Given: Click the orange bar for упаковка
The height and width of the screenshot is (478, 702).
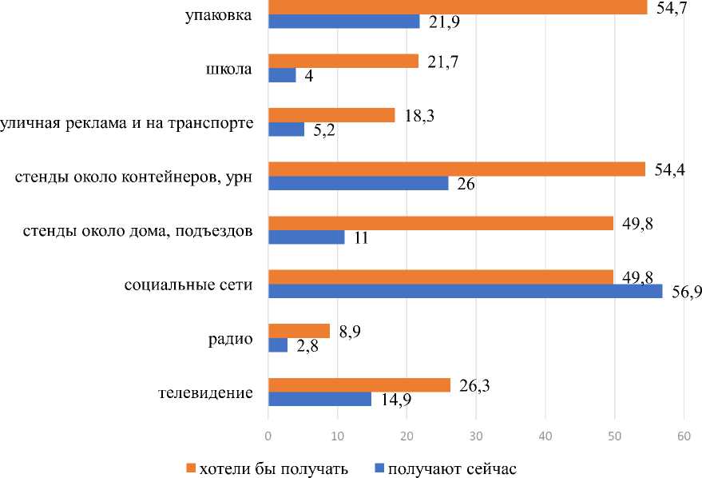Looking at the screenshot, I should (x=457, y=7).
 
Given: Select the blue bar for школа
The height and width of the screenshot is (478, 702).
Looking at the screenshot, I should (x=282, y=75).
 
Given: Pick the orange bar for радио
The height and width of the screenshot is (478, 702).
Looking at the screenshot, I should (x=299, y=331).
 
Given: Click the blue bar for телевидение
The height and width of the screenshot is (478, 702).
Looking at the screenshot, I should (x=319, y=399).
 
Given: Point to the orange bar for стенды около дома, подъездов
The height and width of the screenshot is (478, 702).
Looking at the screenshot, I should (x=440, y=223).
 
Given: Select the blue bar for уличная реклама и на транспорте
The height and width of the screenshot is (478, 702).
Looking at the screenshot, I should (x=286, y=129).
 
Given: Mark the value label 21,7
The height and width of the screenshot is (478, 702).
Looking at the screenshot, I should (x=439, y=61).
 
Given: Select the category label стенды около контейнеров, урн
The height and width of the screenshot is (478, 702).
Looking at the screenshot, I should (x=134, y=177).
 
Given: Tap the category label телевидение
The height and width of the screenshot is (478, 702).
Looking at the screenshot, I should (x=206, y=392).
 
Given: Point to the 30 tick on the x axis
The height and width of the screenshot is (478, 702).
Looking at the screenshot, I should (x=476, y=436).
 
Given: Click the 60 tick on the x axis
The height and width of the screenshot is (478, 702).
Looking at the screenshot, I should (x=684, y=436).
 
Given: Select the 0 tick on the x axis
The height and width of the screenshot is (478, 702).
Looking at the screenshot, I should (x=268, y=436).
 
